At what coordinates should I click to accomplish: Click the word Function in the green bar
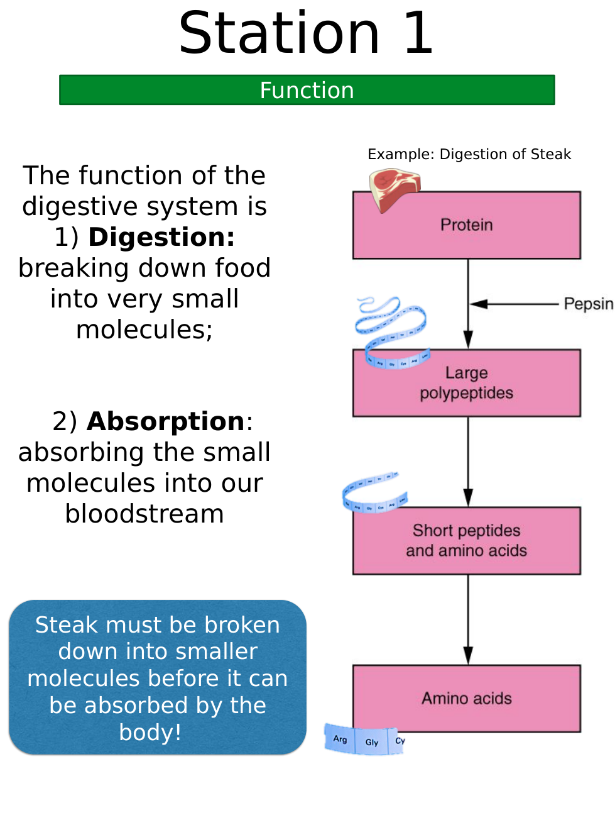307,91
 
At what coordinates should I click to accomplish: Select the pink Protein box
466,225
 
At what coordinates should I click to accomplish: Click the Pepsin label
587,304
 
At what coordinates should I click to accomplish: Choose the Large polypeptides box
466,383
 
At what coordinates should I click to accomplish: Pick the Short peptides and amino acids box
466,541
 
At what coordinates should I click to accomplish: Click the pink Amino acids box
466,698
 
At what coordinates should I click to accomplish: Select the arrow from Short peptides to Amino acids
468,619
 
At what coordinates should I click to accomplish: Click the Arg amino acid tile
340,739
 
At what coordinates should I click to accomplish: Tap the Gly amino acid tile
372,742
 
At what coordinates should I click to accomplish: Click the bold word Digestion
161,237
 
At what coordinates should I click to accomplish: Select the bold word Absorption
166,421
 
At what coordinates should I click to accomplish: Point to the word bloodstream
144,514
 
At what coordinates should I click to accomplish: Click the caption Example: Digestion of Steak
469,154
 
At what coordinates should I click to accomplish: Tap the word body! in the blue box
150,732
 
